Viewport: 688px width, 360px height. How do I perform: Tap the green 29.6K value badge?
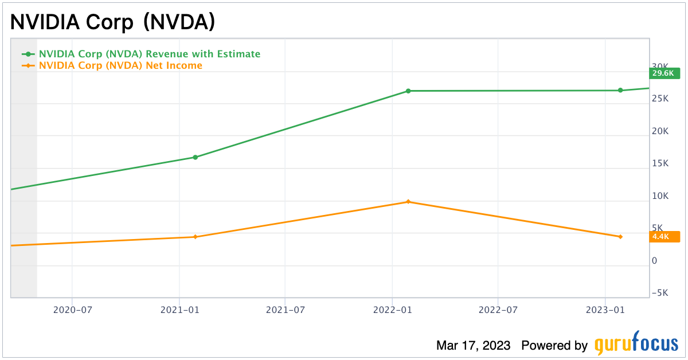tap(663, 73)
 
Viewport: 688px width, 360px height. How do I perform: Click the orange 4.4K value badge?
tap(663, 236)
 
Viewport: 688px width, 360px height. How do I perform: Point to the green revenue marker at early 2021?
tap(195, 157)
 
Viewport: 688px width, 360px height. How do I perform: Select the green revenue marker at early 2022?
tap(408, 91)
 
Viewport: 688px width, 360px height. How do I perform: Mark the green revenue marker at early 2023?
tap(620, 90)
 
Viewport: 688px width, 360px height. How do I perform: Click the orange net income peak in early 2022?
tap(408, 202)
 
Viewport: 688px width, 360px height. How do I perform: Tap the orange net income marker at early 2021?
tap(195, 237)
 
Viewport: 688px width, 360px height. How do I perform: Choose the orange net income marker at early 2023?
tap(620, 237)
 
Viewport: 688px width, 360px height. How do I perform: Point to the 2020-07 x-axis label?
tap(72, 310)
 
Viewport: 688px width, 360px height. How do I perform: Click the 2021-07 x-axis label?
tap(285, 310)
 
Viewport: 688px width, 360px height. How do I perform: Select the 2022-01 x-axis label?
tap(392, 310)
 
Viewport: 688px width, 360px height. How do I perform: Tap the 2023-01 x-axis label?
tap(605, 310)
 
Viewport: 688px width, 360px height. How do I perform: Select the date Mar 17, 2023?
tap(473, 346)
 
